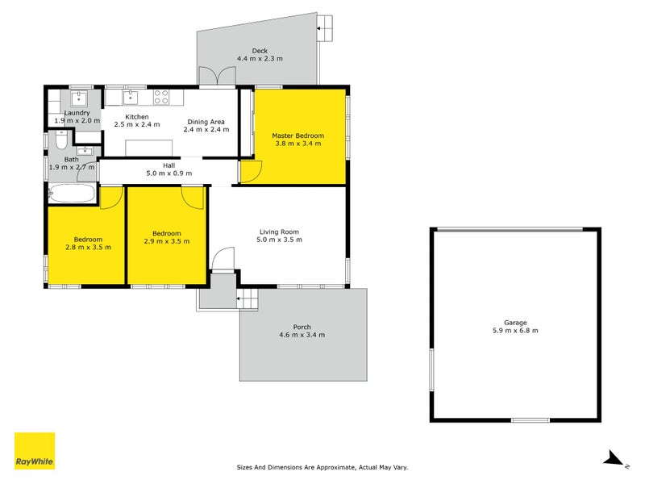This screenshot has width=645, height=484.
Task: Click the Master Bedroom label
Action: pyautogui.click(x=298, y=136)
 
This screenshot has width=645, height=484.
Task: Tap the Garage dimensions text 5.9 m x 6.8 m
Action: pyautogui.click(x=515, y=331)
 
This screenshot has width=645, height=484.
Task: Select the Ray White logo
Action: pyautogui.click(x=35, y=451)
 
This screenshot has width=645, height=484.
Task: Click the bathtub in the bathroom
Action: pyautogui.click(x=72, y=193)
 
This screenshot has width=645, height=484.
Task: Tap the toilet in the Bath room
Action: pyautogui.click(x=61, y=140)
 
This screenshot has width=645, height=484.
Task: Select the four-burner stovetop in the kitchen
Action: pyautogui.click(x=160, y=97)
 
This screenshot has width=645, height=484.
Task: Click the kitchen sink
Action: pyautogui.click(x=131, y=98)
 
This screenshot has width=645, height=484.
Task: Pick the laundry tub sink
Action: pyautogui.click(x=78, y=98)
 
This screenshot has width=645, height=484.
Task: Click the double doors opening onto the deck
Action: pyautogui.click(x=217, y=77)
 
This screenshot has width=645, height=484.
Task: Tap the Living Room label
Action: pyautogui.click(x=279, y=232)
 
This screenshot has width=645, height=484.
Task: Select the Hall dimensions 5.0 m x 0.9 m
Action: pyautogui.click(x=169, y=173)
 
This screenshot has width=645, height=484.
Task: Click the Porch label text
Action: pyautogui.click(x=302, y=327)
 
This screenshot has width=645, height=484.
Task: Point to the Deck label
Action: pyautogui.click(x=260, y=51)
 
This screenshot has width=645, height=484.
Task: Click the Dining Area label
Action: pyautogui.click(x=206, y=122)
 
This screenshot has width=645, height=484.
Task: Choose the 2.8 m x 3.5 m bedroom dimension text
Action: pyautogui.click(x=88, y=248)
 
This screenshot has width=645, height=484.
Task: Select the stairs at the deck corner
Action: pyautogui.click(x=324, y=28)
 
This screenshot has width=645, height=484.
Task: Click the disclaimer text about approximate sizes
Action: pyautogui.click(x=322, y=467)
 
